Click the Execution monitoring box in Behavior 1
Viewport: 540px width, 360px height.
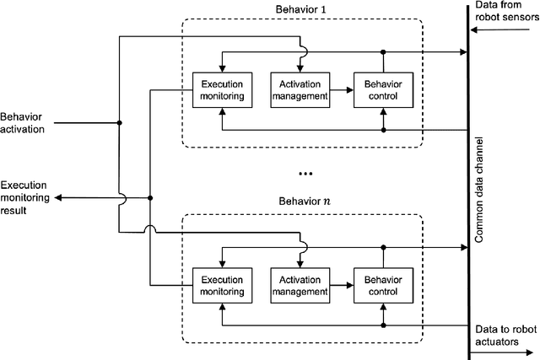click(220, 90)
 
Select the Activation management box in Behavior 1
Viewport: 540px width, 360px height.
click(299, 90)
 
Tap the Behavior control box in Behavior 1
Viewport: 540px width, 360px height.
click(384, 90)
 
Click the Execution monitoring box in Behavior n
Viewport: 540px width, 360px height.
click(220, 285)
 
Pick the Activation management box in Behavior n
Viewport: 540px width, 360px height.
click(299, 285)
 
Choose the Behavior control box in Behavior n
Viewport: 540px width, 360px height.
click(384, 285)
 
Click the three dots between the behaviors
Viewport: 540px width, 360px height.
click(305, 174)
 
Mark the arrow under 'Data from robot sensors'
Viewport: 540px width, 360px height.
click(504, 30)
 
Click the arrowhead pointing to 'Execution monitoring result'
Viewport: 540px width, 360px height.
click(57, 199)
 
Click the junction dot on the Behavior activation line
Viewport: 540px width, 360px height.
click(120, 123)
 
